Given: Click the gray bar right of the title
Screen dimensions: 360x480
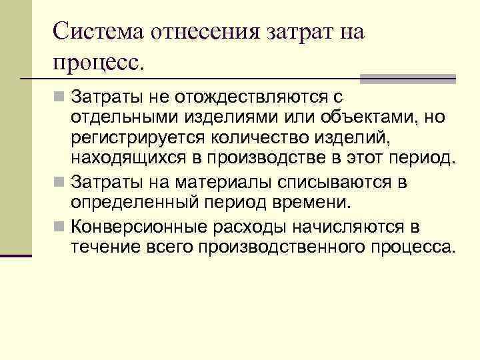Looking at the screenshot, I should [x=407, y=79].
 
